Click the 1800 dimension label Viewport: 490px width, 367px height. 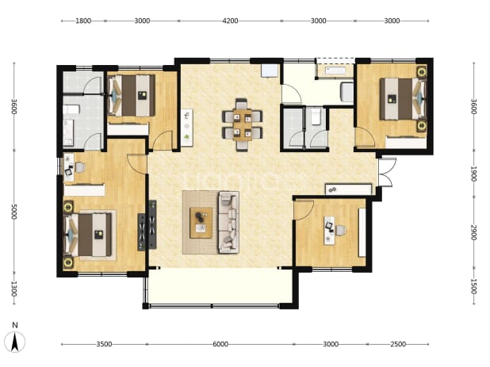[83, 21]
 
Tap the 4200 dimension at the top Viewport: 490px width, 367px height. [230, 21]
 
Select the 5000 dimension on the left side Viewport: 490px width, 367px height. [13, 212]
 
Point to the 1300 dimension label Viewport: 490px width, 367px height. [13, 289]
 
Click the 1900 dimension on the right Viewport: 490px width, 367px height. [473, 174]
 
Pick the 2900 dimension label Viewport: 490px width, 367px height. [473, 232]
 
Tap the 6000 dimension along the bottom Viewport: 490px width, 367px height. [220, 344]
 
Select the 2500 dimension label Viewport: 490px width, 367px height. [398, 344]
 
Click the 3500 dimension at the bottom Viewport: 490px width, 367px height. [104, 344]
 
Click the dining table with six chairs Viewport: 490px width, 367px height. [242, 125]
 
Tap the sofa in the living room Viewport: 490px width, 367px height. [228, 222]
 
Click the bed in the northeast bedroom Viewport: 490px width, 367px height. [403, 99]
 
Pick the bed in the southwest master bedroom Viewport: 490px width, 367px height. [88, 235]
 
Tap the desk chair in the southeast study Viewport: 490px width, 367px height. [341, 231]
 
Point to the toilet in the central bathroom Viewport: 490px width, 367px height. [316, 117]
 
